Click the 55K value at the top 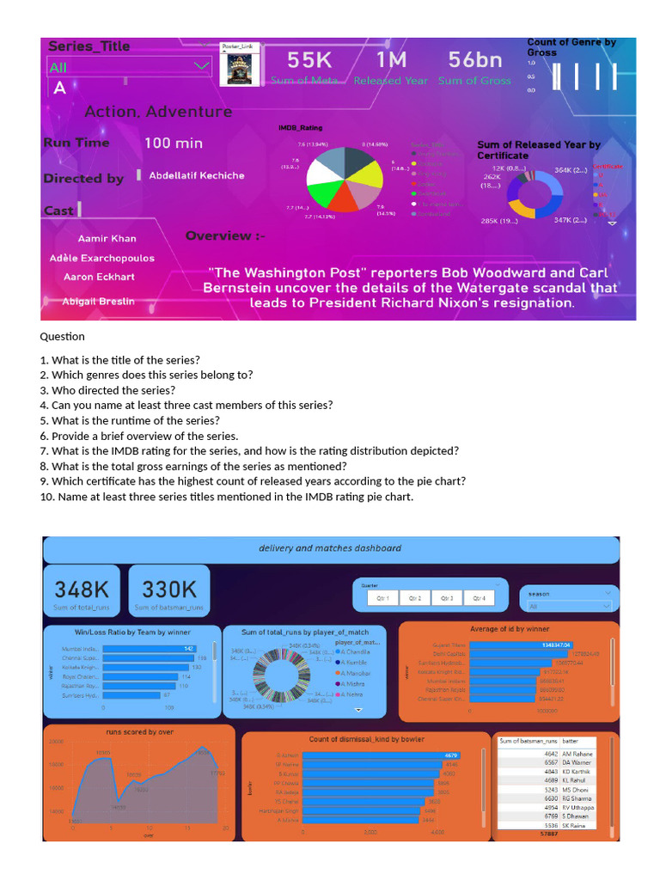[309, 60]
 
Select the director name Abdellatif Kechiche [196, 175]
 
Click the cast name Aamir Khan [107, 238]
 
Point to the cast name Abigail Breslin [98, 302]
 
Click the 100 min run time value [173, 143]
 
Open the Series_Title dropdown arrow [202, 65]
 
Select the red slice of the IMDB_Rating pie [344, 199]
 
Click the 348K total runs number [82, 589]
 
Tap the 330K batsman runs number [168, 589]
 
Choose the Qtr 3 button [446, 598]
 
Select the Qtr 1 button [382, 598]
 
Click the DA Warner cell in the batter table [577, 762]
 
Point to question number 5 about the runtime [130, 421]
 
